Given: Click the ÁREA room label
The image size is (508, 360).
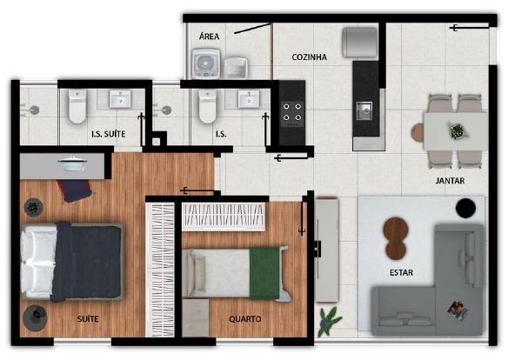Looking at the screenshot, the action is point(210,36).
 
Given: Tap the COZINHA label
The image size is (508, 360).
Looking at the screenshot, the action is point(310,57).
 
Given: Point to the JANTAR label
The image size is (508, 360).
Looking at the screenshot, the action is point(450,181).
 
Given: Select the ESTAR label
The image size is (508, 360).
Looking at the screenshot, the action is point(401,272).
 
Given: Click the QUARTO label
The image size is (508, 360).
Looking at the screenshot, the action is point(245,319).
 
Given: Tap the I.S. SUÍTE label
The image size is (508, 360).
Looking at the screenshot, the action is point(108,134).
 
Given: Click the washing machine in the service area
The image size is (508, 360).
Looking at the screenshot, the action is point(206,63).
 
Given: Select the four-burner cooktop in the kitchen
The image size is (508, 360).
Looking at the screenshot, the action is point(292,114).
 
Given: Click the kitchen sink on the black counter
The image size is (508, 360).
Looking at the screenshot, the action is point(364,110).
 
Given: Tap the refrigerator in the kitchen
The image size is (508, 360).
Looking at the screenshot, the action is point(360,43).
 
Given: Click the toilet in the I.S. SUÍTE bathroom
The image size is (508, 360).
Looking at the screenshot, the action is point(77,106).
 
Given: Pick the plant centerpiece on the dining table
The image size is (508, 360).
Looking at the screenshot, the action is point(458,131).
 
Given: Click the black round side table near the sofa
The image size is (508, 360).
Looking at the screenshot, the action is point(465,208).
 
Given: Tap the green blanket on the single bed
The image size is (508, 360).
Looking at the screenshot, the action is point(264,273).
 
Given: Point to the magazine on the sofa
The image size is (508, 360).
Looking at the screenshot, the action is point(458,310).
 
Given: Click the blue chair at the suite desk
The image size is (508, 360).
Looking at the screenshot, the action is point(75,190).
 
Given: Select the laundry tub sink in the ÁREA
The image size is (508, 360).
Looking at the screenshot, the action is point(236,68).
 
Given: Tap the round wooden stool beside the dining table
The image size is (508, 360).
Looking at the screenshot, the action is point(418,133).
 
